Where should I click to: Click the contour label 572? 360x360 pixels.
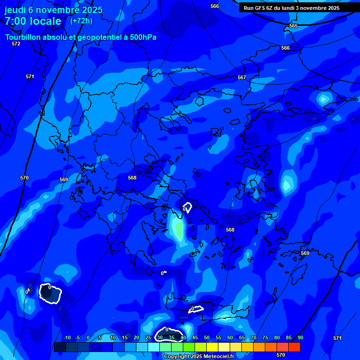[16, 44]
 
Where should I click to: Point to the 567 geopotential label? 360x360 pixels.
[242, 77]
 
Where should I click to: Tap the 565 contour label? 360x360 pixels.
[293, 26]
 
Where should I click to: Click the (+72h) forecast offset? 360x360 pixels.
[81, 21]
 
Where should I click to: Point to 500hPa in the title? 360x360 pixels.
[141, 37]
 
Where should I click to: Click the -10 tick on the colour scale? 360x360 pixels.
[67, 338]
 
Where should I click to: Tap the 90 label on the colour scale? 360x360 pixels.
[300, 338]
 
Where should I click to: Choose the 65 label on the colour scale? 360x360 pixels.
[241, 338]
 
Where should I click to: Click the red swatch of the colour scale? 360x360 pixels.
[294, 347]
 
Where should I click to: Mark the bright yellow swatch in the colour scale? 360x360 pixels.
[212, 347]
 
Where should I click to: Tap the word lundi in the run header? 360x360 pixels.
[287, 8]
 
